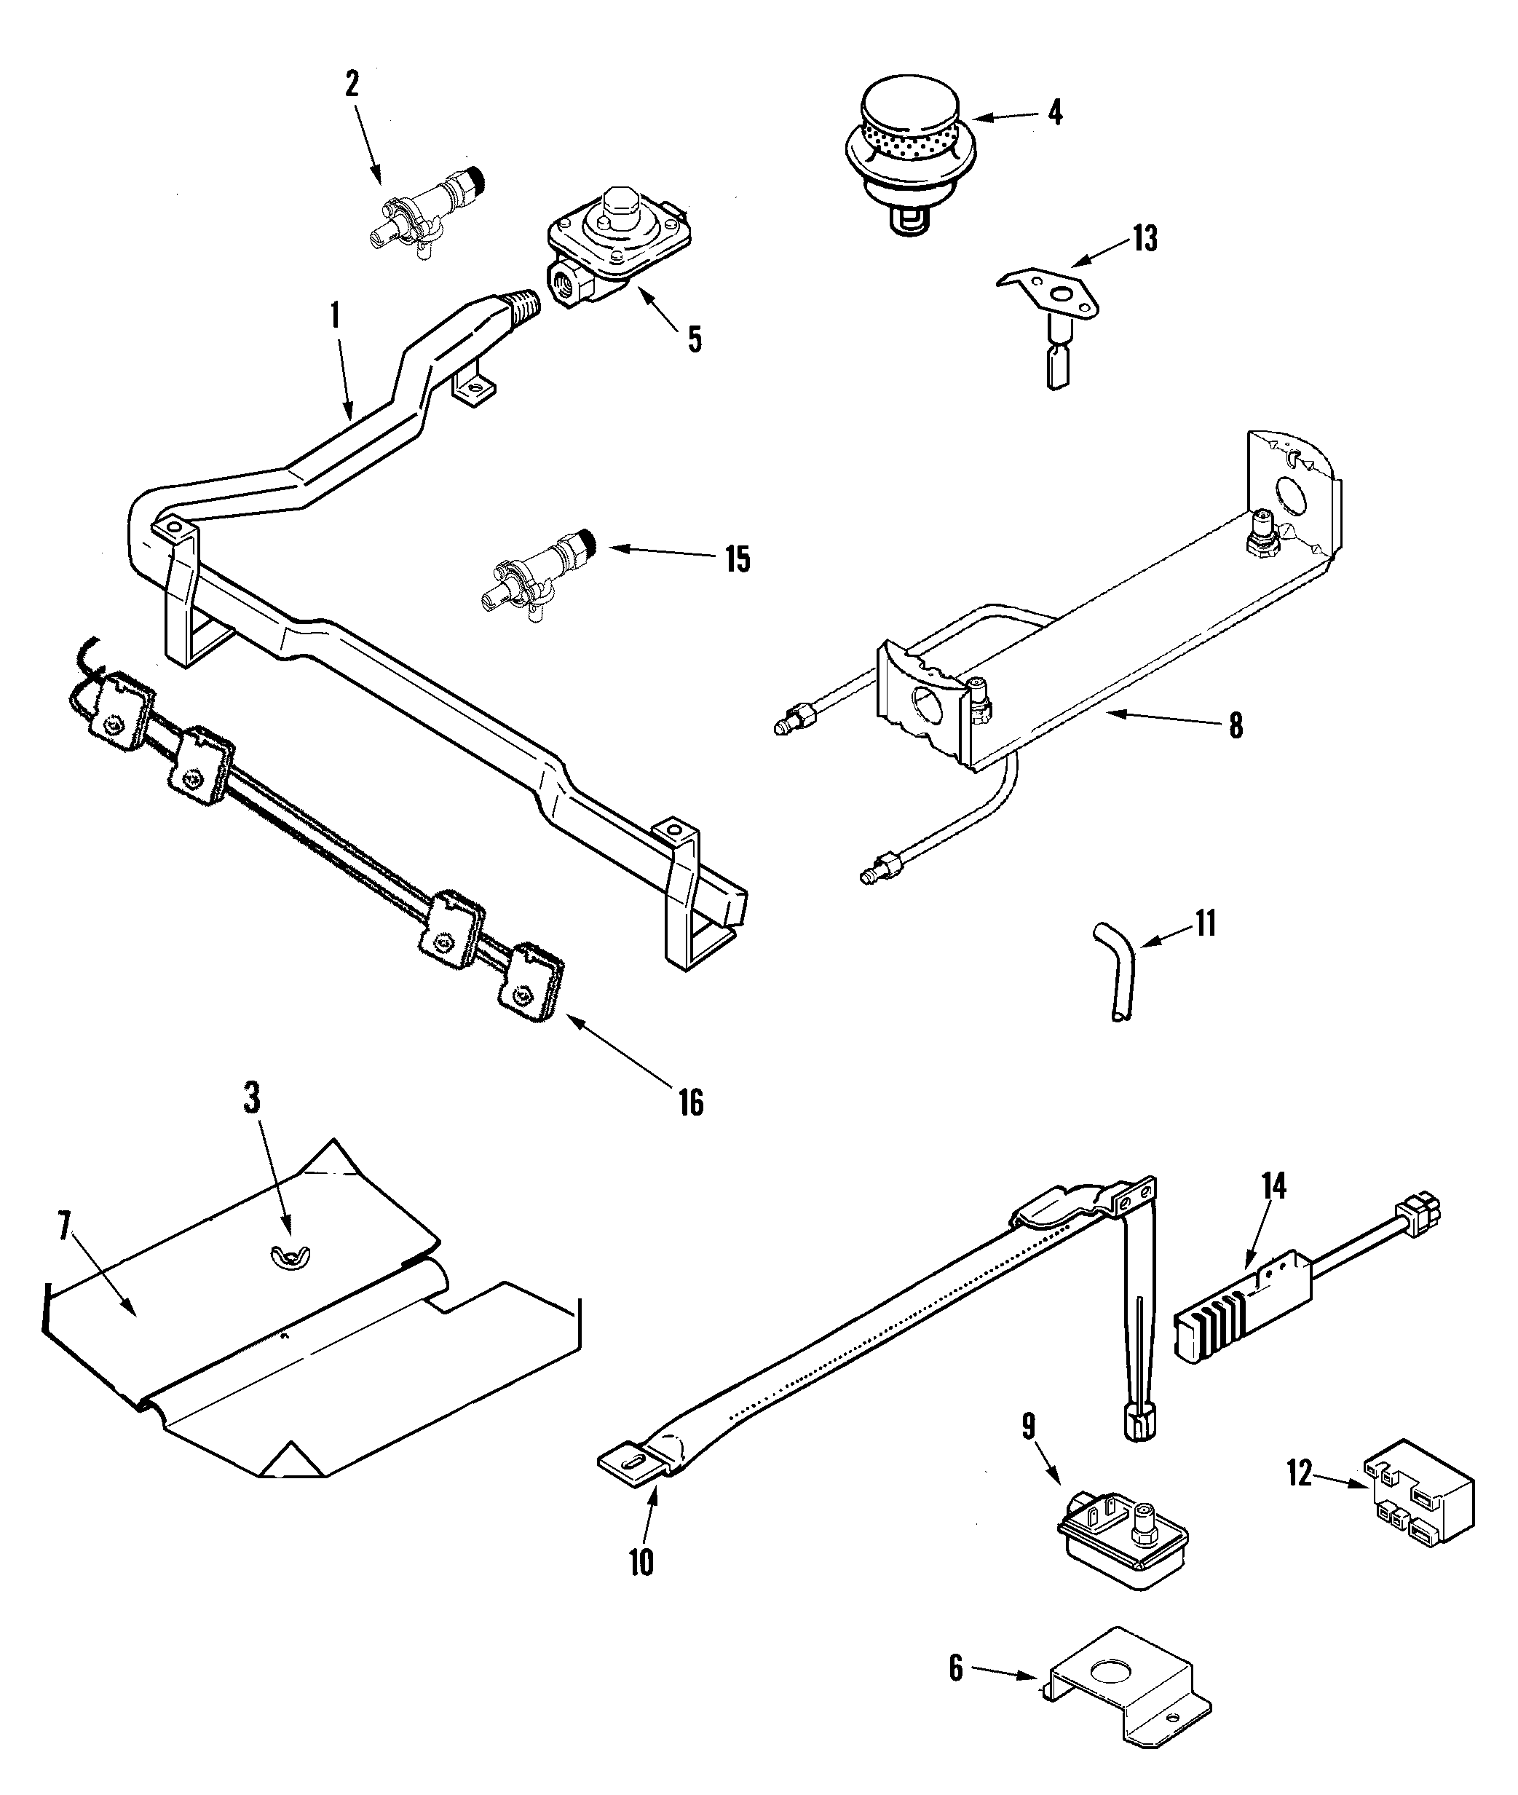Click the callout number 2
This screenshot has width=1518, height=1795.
point(351,84)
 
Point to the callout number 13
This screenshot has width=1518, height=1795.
point(1144,237)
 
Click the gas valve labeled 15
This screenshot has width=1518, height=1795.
point(538,572)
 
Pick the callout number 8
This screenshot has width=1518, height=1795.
point(1235,725)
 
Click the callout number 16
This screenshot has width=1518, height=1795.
point(690,1102)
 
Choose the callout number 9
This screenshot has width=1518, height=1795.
point(1028,1427)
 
